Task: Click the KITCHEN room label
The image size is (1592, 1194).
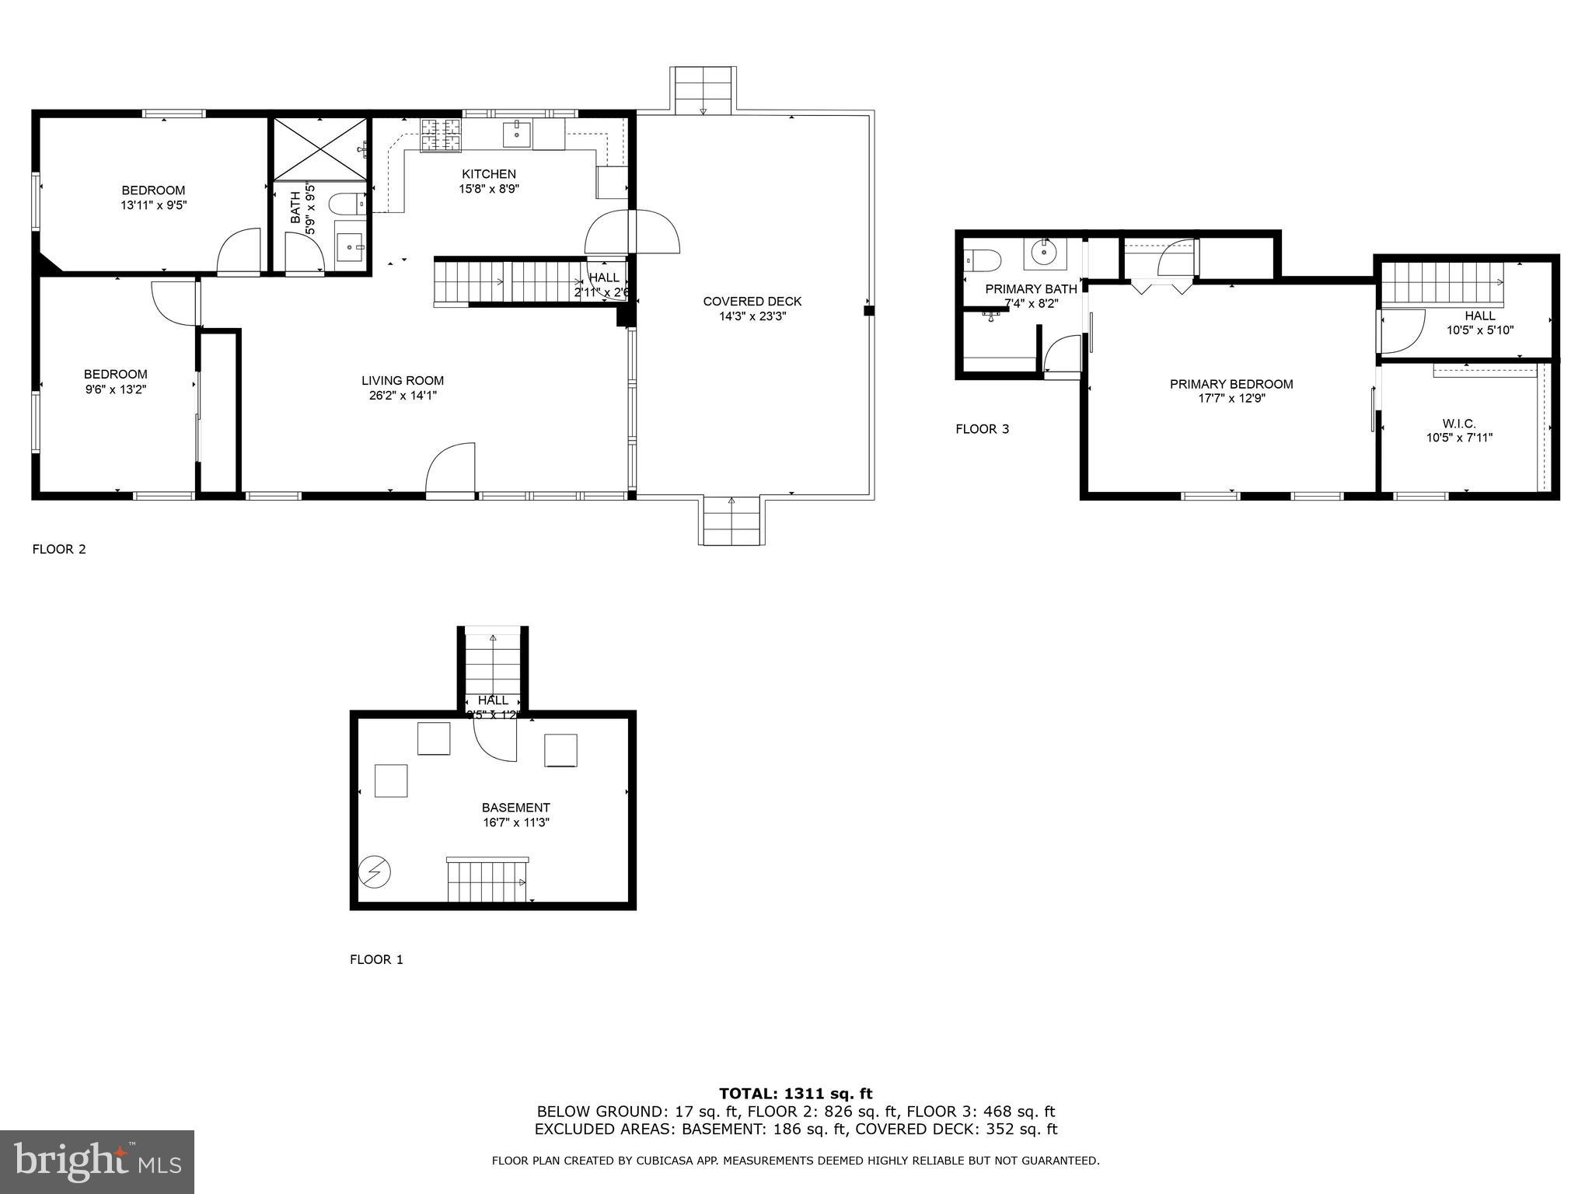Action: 488,174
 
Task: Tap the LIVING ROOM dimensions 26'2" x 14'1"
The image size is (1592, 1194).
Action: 403,395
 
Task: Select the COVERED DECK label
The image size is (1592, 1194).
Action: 752,302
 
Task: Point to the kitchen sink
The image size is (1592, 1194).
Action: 517,134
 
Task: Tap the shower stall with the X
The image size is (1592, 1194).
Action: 319,148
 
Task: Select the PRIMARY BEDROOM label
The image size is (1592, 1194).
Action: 1231,384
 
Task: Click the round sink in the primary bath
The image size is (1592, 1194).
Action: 1042,252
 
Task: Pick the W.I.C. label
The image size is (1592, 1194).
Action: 1459,423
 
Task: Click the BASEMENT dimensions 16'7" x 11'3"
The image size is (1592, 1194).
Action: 516,822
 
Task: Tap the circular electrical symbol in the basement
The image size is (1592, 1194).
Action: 374,872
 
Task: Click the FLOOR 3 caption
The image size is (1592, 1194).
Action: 982,429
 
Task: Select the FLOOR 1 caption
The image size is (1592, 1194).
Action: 376,959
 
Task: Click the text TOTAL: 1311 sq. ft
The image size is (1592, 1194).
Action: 795,1094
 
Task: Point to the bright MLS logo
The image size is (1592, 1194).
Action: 97,1161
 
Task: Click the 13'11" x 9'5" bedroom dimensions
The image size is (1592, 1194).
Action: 153,205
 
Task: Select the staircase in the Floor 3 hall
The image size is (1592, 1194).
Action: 1442,284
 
